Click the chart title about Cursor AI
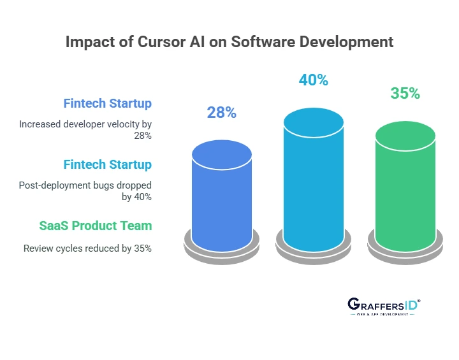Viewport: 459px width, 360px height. click(229, 43)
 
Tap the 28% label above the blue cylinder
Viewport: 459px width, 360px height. click(221, 113)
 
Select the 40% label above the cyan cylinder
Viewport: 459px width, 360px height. click(313, 80)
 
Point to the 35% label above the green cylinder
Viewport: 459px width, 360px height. click(405, 94)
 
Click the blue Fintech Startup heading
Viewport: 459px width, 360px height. click(107, 103)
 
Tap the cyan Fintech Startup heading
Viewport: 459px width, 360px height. click(107, 164)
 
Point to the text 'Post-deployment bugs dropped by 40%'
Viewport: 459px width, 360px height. click(85, 191)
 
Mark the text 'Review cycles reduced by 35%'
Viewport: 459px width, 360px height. click(87, 248)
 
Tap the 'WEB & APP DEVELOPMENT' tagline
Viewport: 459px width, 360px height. click(383, 315)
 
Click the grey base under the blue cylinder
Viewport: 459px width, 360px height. click(221, 250)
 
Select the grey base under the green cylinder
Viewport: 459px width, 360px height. click(405, 250)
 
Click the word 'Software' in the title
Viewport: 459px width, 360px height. click(263, 43)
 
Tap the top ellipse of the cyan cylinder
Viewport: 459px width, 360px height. click(313, 122)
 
